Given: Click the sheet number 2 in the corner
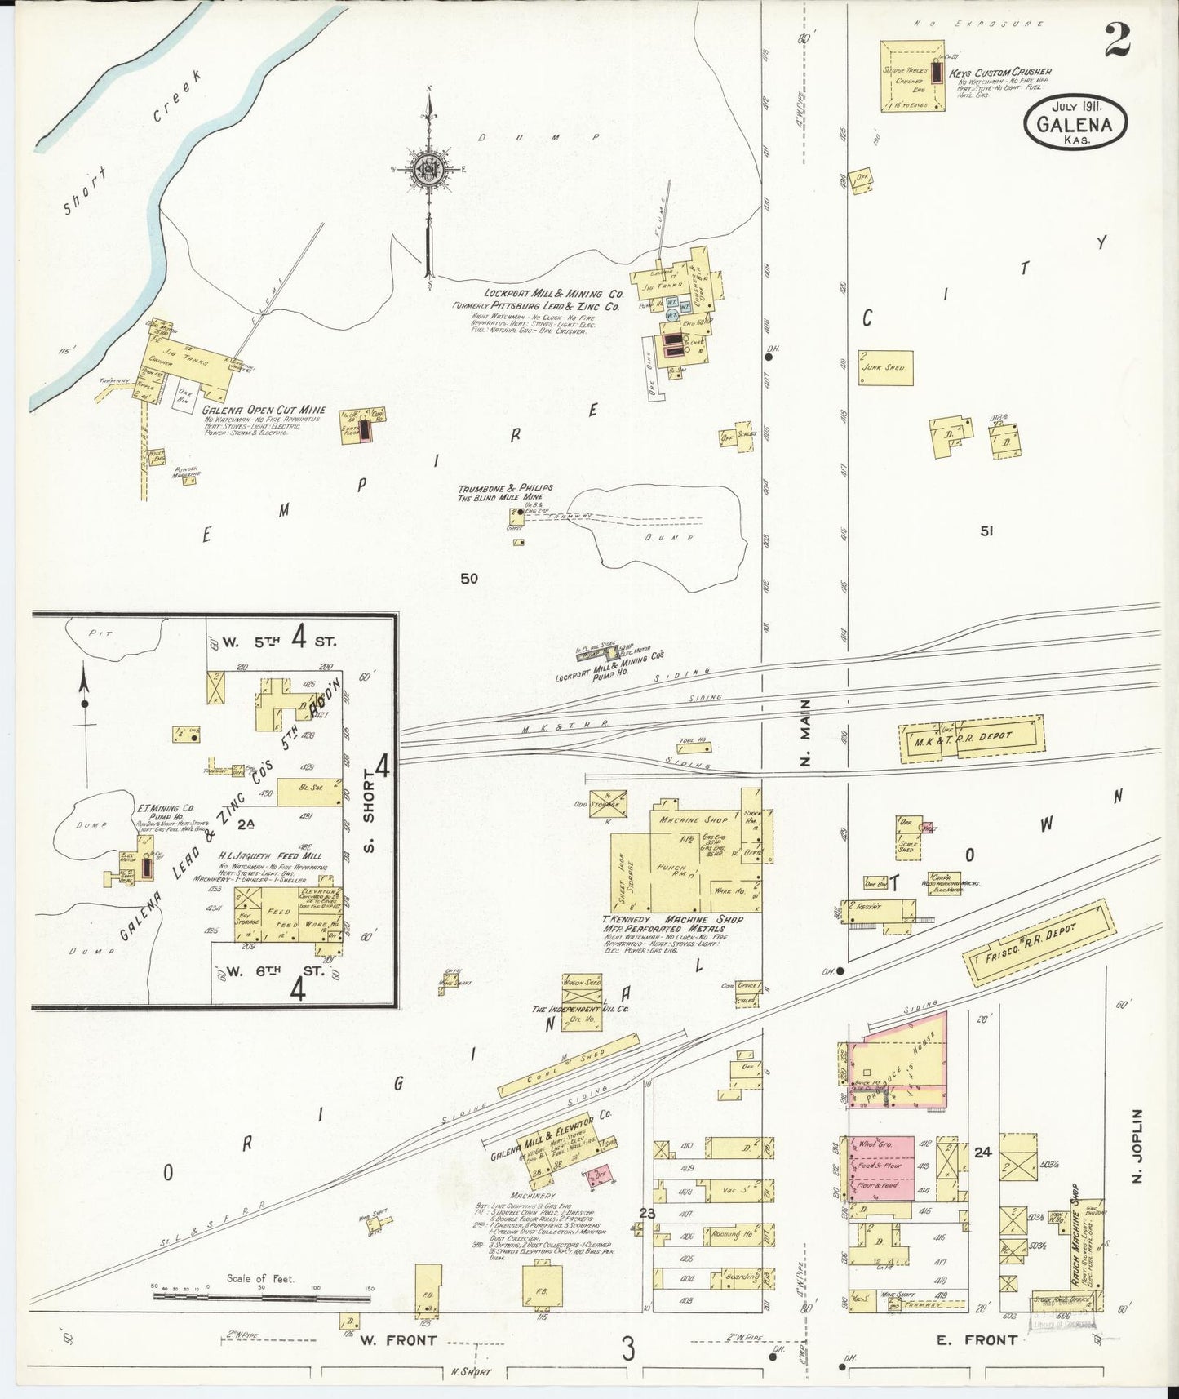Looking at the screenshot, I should click(1117, 40).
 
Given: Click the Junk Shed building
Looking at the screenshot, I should click(884, 368).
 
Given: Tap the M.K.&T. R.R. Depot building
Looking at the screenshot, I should click(971, 739).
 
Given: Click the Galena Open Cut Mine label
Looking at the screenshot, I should click(264, 410).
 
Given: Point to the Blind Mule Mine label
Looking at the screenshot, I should click(500, 497).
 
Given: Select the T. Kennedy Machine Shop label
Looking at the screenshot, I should click(672, 919).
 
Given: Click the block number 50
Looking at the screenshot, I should click(468, 579).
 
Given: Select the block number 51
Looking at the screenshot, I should click(986, 531).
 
